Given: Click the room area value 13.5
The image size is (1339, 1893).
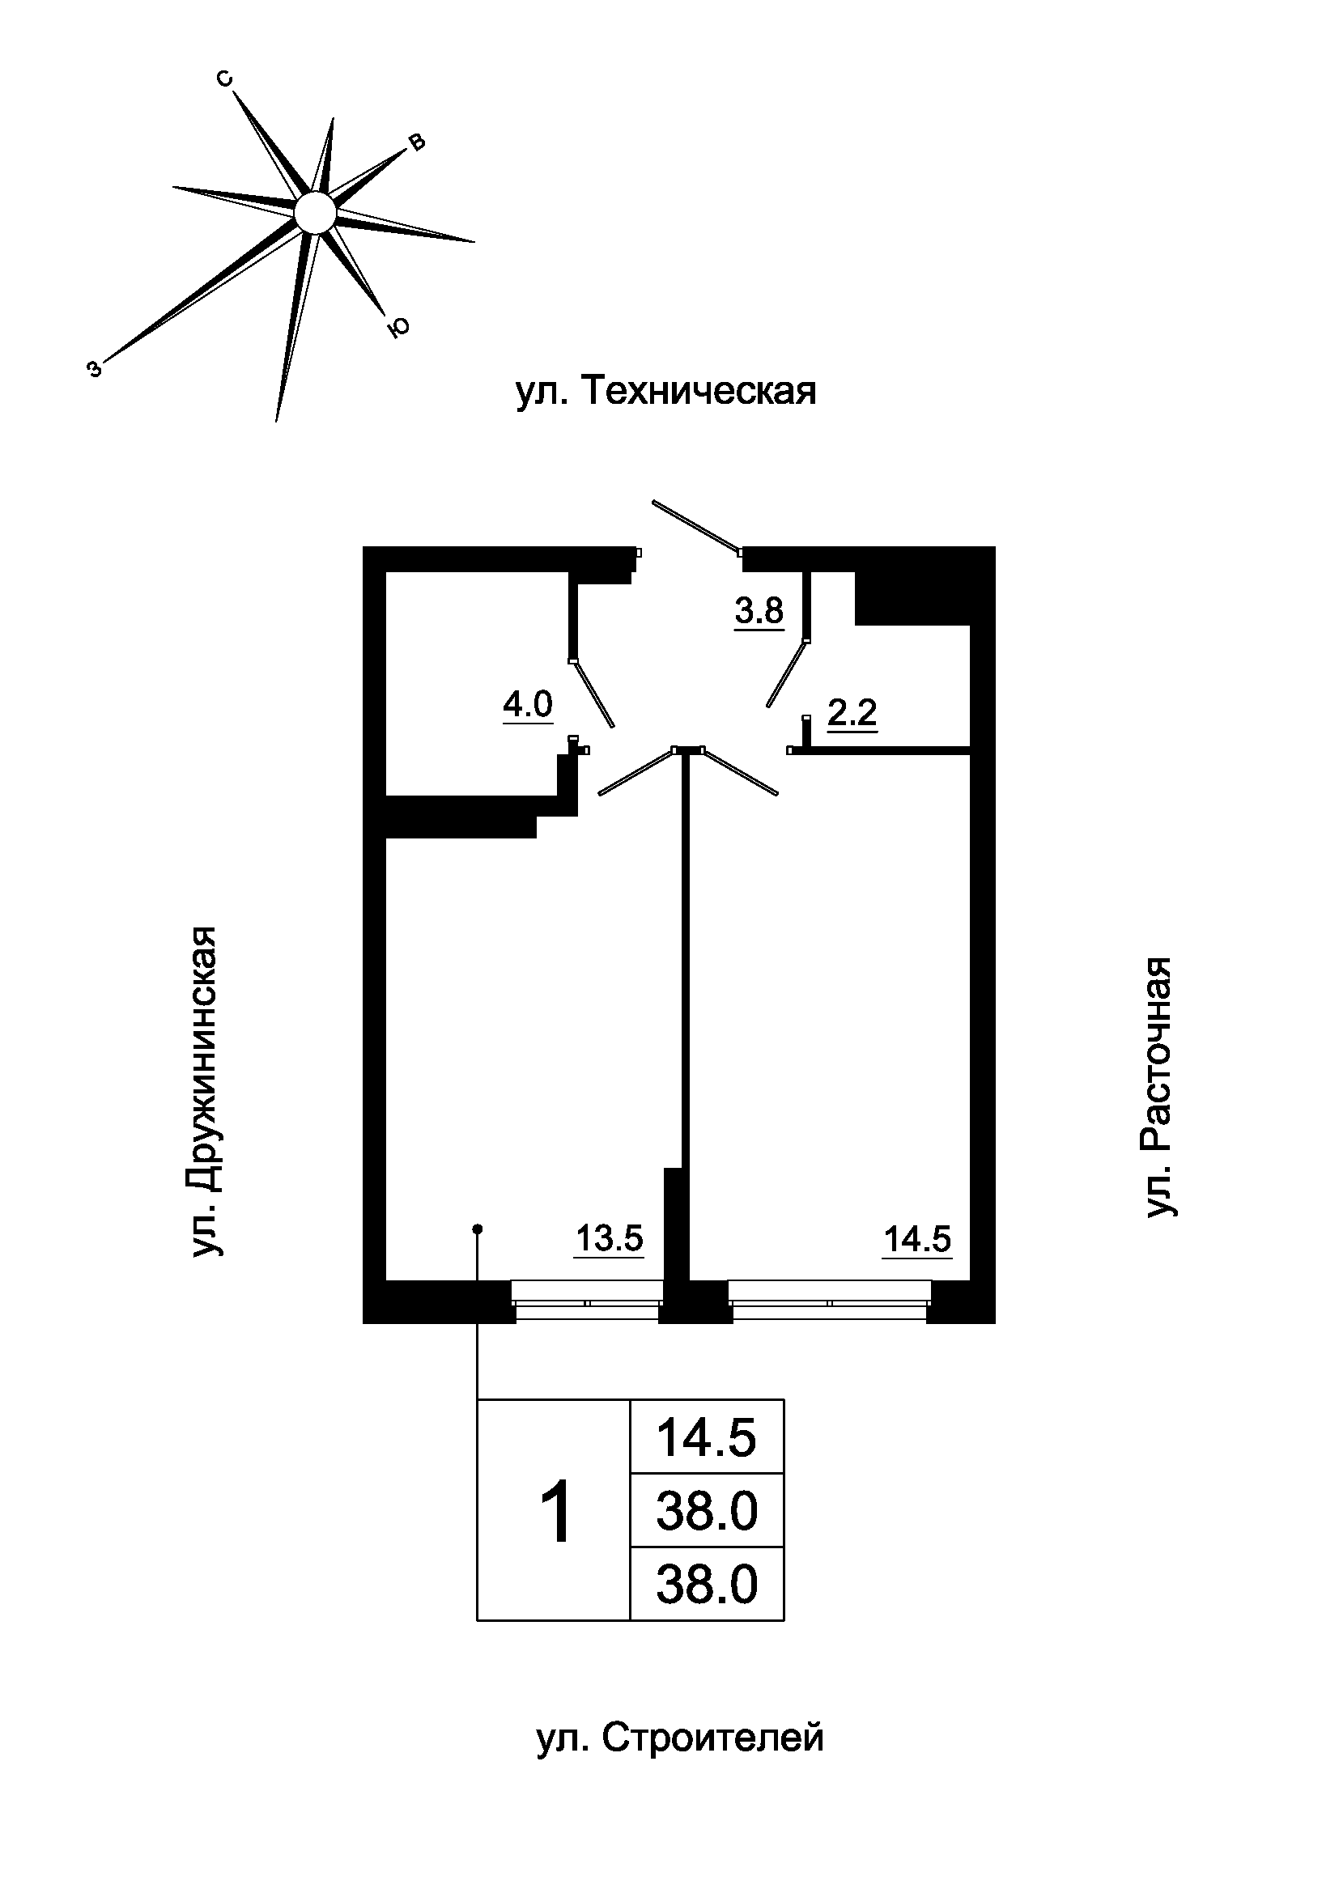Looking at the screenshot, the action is (x=609, y=1238).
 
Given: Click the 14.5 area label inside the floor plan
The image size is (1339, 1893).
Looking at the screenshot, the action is (x=917, y=1238).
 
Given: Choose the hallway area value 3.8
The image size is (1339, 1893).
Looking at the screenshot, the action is (x=759, y=611).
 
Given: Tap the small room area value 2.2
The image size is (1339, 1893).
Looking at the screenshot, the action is (x=852, y=712).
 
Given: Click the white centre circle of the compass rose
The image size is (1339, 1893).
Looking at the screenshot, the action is (x=315, y=213).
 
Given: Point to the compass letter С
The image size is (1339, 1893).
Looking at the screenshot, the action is (x=224, y=79).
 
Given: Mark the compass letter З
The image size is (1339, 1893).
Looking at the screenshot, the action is (x=95, y=369).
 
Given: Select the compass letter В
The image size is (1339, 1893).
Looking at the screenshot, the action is (x=417, y=142).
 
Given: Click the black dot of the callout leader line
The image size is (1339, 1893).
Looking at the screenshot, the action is (x=477, y=1229).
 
